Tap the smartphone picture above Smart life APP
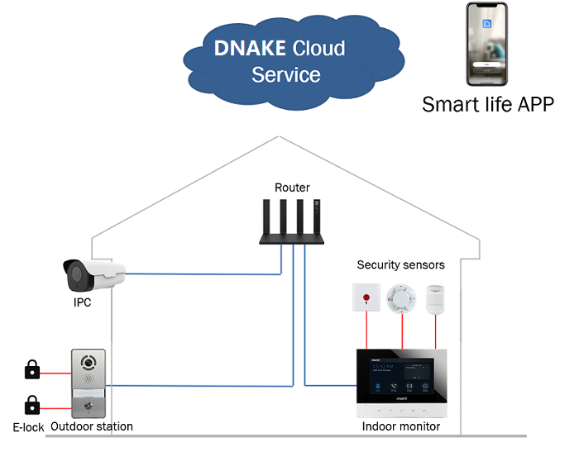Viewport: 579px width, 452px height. pos(487,45)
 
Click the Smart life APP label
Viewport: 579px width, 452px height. pos(487,105)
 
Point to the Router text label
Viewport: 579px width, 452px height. pos(292,188)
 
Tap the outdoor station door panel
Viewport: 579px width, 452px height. pos(89,383)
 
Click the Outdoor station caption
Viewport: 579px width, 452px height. pos(91,427)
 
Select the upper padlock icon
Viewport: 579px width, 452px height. pos(32,369)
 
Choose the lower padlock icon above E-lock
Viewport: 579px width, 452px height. pos(32,406)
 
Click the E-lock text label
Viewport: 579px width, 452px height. pos(28,427)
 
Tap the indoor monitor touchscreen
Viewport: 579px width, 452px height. pos(400,379)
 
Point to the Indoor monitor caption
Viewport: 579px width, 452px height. pos(401,427)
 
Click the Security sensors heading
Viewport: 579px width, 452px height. pos(401,265)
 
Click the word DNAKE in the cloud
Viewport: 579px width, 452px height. pos(251,48)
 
